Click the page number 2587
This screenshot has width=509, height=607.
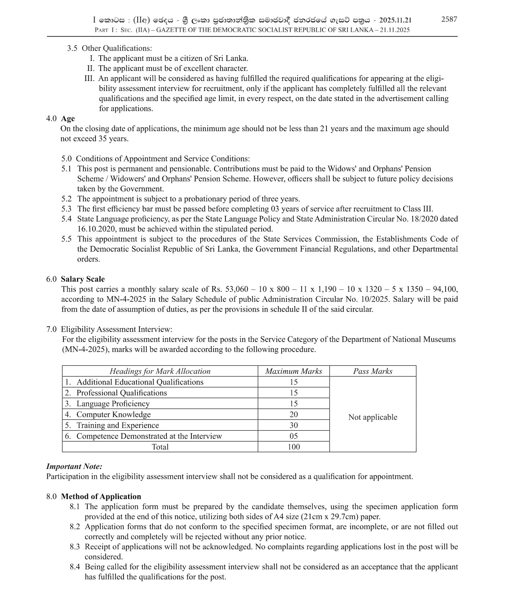click(449, 19)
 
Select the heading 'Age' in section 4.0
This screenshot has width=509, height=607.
click(68, 119)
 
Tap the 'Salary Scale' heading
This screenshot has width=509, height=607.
click(83, 279)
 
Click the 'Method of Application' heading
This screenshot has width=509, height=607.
click(101, 496)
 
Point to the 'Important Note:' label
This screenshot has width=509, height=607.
click(74, 466)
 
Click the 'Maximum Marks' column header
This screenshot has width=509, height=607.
click(293, 371)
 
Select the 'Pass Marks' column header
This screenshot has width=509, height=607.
click(372, 371)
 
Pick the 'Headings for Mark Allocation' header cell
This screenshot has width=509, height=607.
click(160, 371)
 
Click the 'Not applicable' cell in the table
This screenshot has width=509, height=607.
click(372, 417)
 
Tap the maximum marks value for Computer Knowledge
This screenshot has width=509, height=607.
click(293, 415)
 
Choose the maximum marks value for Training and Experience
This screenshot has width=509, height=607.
click(293, 425)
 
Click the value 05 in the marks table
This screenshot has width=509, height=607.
click(293, 436)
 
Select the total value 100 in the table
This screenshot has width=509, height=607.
click(293, 447)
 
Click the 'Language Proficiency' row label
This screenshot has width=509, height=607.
click(113, 404)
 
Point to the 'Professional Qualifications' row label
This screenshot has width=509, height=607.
click(121, 393)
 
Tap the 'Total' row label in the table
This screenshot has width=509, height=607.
click(160, 447)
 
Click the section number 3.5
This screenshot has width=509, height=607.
click(72, 49)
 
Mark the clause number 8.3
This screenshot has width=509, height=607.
click(75, 547)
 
